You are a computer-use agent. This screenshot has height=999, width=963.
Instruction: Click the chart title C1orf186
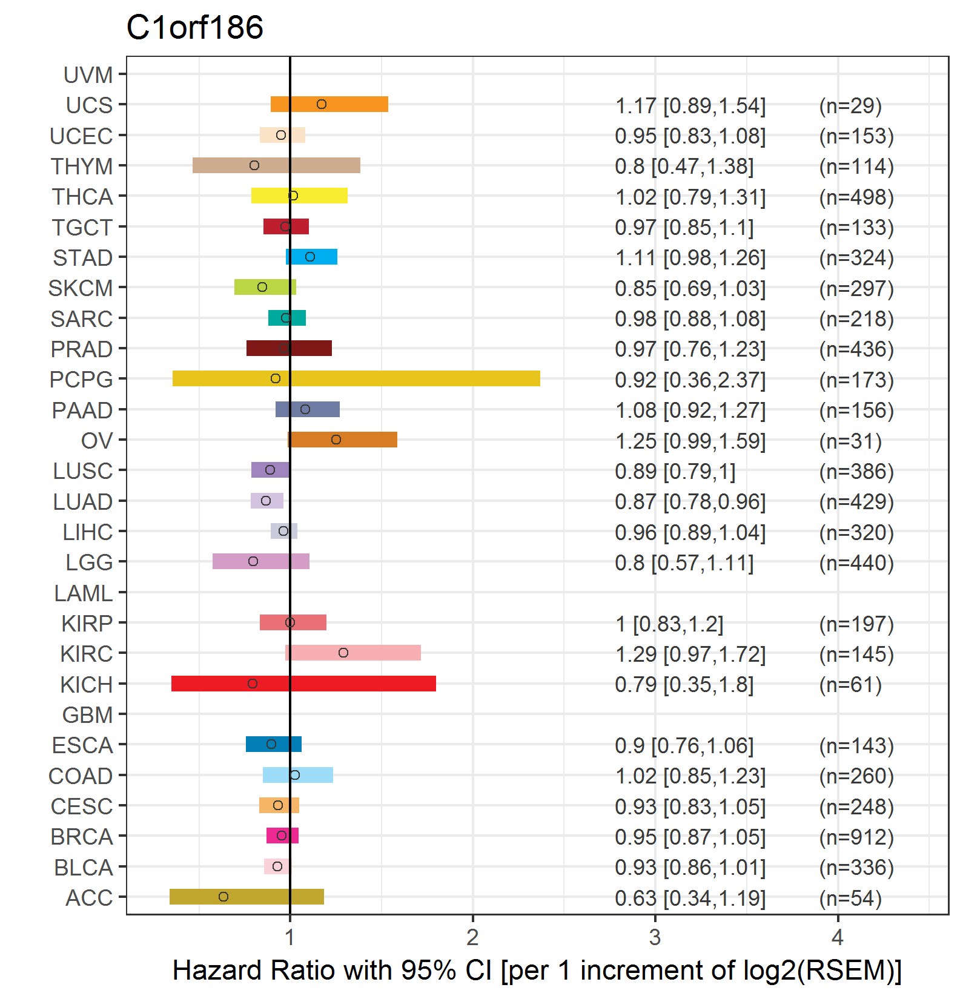point(194,27)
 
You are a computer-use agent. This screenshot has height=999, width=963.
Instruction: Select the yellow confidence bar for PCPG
point(356,378)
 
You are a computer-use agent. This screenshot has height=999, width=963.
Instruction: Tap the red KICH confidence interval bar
point(303,684)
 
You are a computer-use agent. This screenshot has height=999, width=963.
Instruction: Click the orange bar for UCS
point(329,104)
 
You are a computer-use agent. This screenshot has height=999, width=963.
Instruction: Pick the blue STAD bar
point(311,257)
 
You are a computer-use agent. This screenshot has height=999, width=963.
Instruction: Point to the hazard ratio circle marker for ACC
point(223,897)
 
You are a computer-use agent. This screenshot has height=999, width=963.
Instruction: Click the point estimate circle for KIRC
point(343,653)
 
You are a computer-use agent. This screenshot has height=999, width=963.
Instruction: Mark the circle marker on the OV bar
point(336,440)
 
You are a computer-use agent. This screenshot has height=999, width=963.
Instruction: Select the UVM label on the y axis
point(88,75)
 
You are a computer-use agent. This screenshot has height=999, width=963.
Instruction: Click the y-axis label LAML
point(83,593)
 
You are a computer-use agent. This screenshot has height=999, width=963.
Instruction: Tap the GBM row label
point(87,715)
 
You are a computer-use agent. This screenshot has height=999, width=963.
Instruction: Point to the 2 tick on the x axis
point(472,937)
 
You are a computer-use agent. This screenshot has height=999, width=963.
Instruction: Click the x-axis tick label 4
point(838,937)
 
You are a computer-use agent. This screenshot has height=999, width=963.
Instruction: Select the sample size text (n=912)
point(856,837)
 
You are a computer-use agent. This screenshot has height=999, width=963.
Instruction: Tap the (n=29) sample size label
point(850,106)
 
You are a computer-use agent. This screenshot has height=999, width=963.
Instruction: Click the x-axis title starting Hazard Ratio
point(537,971)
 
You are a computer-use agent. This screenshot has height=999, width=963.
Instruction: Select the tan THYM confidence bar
point(276,165)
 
